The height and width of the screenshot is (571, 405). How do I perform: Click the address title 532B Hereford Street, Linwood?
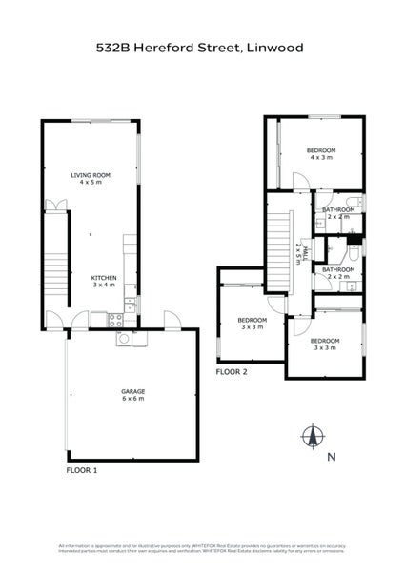[x=202, y=45]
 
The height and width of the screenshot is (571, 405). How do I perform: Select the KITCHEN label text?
[x=104, y=278]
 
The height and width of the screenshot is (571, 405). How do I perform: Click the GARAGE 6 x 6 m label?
[x=132, y=394]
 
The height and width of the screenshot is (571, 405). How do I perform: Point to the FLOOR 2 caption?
[x=233, y=373]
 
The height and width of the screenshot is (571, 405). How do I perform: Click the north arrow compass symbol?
[x=312, y=437]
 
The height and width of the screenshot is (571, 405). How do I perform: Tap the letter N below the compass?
[x=330, y=458]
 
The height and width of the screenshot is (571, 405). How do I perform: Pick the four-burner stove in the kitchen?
[x=115, y=319]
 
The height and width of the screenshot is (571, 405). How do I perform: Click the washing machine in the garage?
[x=124, y=340]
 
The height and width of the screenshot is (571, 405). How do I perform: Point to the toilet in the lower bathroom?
[x=352, y=253]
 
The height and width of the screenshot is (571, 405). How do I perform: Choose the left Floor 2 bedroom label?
[x=253, y=323]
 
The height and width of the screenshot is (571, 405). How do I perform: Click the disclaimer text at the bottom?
[x=202, y=549]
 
